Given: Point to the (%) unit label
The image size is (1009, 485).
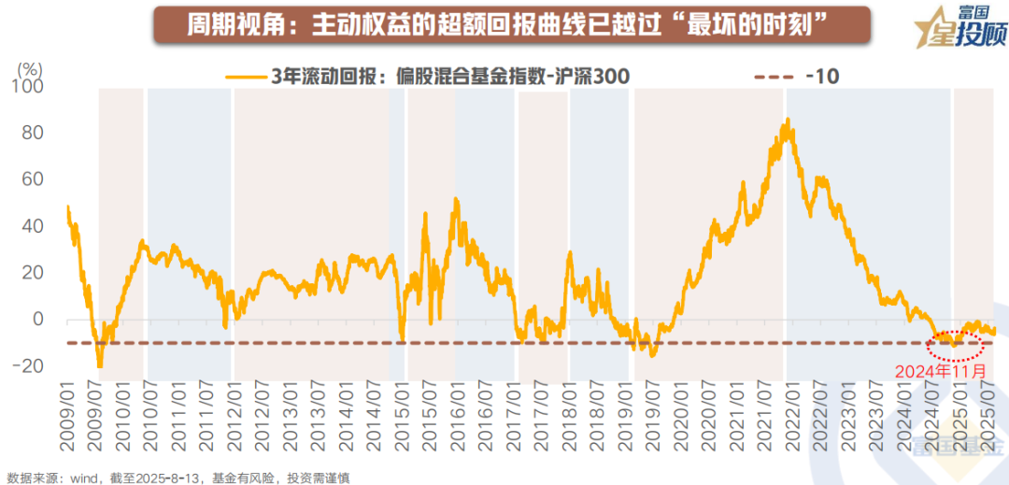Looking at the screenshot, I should [x=31, y=68].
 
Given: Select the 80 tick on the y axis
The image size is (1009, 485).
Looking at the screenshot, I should [x=33, y=133].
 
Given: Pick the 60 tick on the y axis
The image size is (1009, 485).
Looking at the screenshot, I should [x=33, y=179].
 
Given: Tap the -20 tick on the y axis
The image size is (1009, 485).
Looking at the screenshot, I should [x=29, y=365].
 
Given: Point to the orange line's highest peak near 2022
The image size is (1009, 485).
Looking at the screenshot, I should [x=789, y=120].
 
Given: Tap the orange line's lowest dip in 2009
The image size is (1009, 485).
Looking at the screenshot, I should [x=100, y=366].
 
